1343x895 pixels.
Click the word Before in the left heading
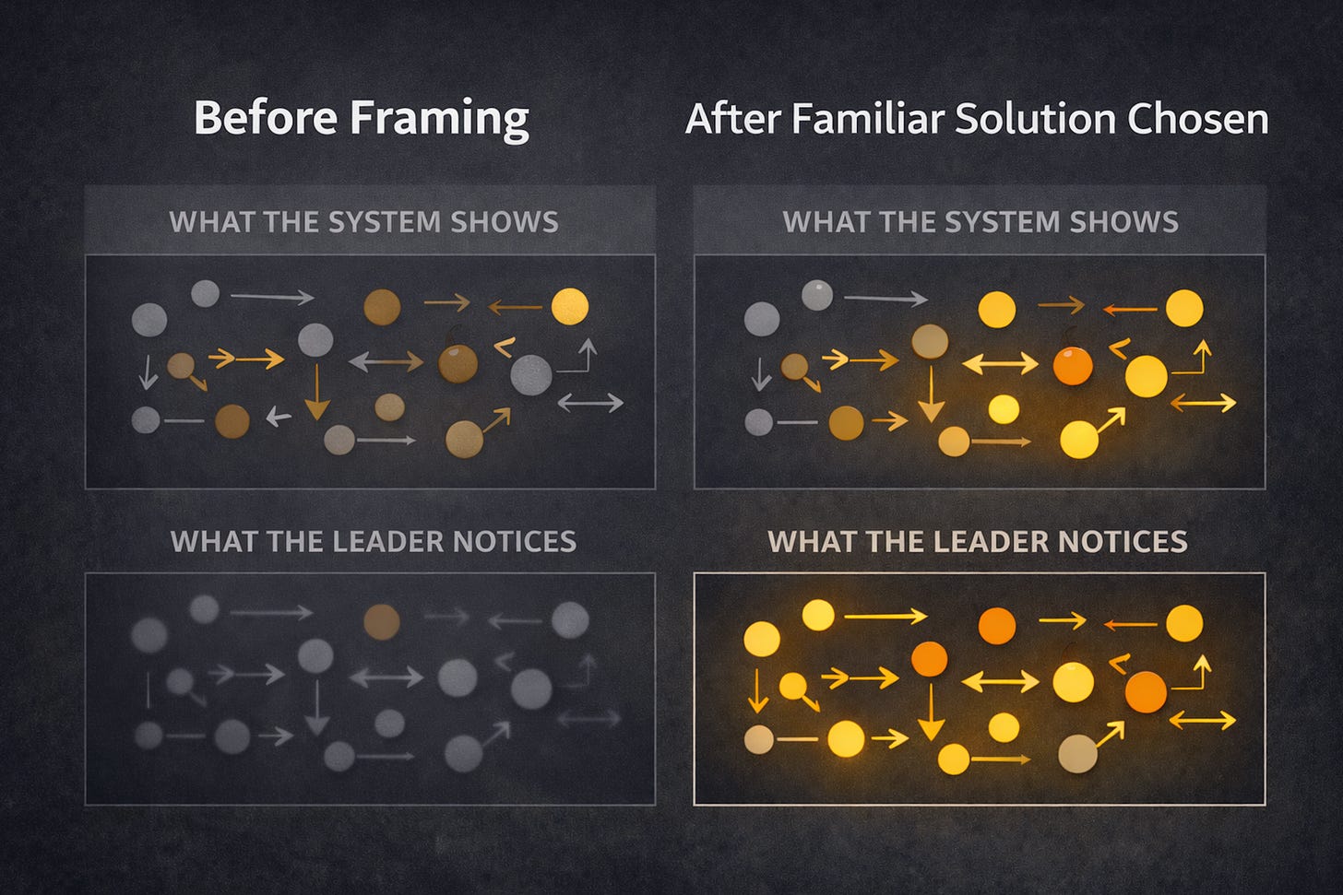[263, 118]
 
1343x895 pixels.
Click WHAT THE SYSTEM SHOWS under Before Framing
[363, 222]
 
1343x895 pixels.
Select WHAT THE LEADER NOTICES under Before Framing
[373, 541]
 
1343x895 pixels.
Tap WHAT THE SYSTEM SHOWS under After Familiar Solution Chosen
[980, 222]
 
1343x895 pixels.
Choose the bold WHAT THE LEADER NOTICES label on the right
[977, 541]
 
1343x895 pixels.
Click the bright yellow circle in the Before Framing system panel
[569, 307]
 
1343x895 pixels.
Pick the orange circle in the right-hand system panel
[1073, 366]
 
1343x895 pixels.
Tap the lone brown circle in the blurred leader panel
[381, 622]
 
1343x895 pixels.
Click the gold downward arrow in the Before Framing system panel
[316, 393]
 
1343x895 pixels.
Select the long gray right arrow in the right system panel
[885, 298]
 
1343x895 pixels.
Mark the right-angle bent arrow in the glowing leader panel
[1193, 675]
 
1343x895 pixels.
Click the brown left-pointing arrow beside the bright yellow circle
[514, 307]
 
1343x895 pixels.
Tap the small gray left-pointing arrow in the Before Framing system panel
[278, 417]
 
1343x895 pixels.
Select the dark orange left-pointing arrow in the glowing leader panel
[1130, 624]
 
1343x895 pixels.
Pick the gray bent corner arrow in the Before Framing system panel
[578, 358]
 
